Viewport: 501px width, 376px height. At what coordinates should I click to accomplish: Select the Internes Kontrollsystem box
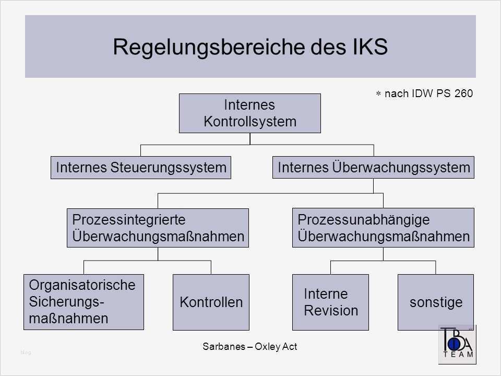click(x=249, y=113)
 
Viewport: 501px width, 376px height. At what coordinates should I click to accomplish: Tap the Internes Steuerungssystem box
click(x=141, y=168)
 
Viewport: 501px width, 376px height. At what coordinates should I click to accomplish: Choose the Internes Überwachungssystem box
click(x=373, y=168)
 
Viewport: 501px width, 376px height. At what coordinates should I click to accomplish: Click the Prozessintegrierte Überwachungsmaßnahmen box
click(x=158, y=228)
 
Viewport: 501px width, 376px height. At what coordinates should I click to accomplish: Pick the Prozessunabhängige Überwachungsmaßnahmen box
click(x=383, y=228)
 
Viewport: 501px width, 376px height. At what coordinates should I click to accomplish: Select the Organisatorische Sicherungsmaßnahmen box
click(x=83, y=302)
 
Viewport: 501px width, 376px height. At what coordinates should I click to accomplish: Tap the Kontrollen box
click(x=211, y=302)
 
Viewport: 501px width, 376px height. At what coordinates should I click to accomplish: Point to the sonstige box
click(x=435, y=302)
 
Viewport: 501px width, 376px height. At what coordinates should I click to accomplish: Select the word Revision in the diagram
click(x=331, y=311)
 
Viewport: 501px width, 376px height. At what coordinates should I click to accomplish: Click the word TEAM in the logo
click(x=458, y=354)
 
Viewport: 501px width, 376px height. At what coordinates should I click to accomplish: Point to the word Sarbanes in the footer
click(x=220, y=346)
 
